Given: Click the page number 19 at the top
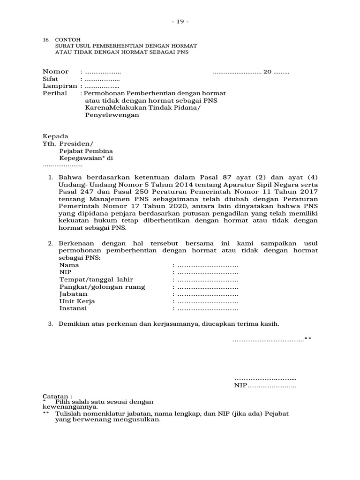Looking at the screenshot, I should click(180, 22).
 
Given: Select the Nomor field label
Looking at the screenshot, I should click(56, 72).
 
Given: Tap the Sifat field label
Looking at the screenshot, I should click(50, 79).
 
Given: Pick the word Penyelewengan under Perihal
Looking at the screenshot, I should click(112, 115).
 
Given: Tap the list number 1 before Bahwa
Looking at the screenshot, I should click(51, 177).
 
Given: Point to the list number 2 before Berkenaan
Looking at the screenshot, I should click(51, 243).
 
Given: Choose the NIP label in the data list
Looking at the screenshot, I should click(65, 272).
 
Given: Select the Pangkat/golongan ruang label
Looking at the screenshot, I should click(102, 287).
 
